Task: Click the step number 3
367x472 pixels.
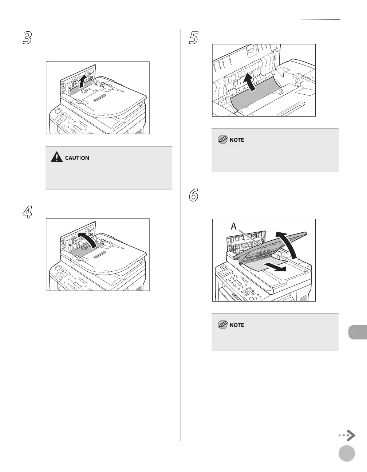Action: (x=27, y=38)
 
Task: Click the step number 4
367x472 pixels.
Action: (x=27, y=212)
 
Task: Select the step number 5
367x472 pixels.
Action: (x=193, y=38)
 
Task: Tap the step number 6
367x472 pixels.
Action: (x=193, y=195)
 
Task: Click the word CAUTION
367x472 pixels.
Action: (x=77, y=158)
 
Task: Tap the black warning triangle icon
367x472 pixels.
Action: (x=57, y=157)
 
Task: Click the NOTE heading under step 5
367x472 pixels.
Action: (x=237, y=140)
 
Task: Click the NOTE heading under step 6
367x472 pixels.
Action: (x=237, y=325)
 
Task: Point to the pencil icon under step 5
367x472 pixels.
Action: (x=222, y=139)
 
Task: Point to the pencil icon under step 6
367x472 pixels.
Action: (x=222, y=325)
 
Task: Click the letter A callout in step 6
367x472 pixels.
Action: (x=233, y=226)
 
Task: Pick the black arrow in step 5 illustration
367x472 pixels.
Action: (x=249, y=82)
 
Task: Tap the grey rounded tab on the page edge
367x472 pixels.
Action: (x=358, y=332)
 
